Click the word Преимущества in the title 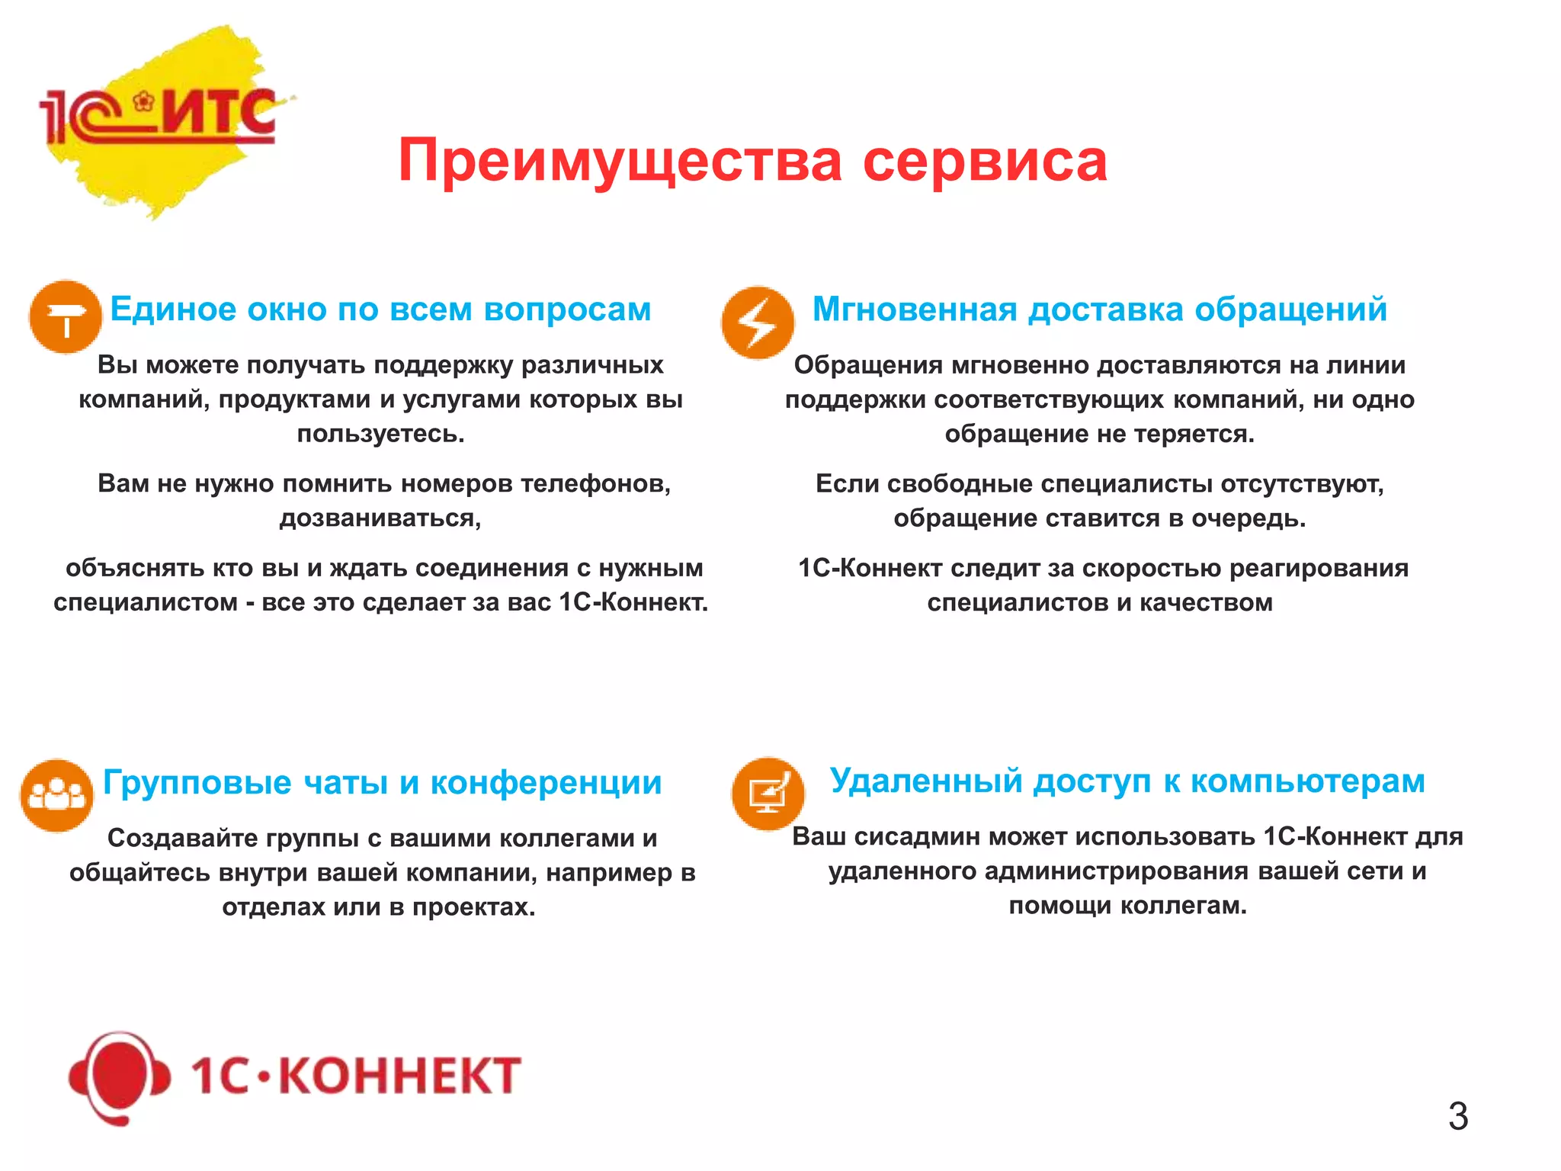[620, 162]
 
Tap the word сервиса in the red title [984, 162]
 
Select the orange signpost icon [66, 316]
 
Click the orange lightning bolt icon [758, 323]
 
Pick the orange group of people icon [56, 795]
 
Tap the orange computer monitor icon [768, 794]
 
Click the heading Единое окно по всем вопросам [380, 310]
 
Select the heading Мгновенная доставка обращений [1099, 310]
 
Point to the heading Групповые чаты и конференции [382, 783]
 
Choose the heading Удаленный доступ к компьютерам [1127, 781]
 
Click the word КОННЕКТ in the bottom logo [399, 1076]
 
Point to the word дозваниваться [380, 518]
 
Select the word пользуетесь [380, 434]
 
